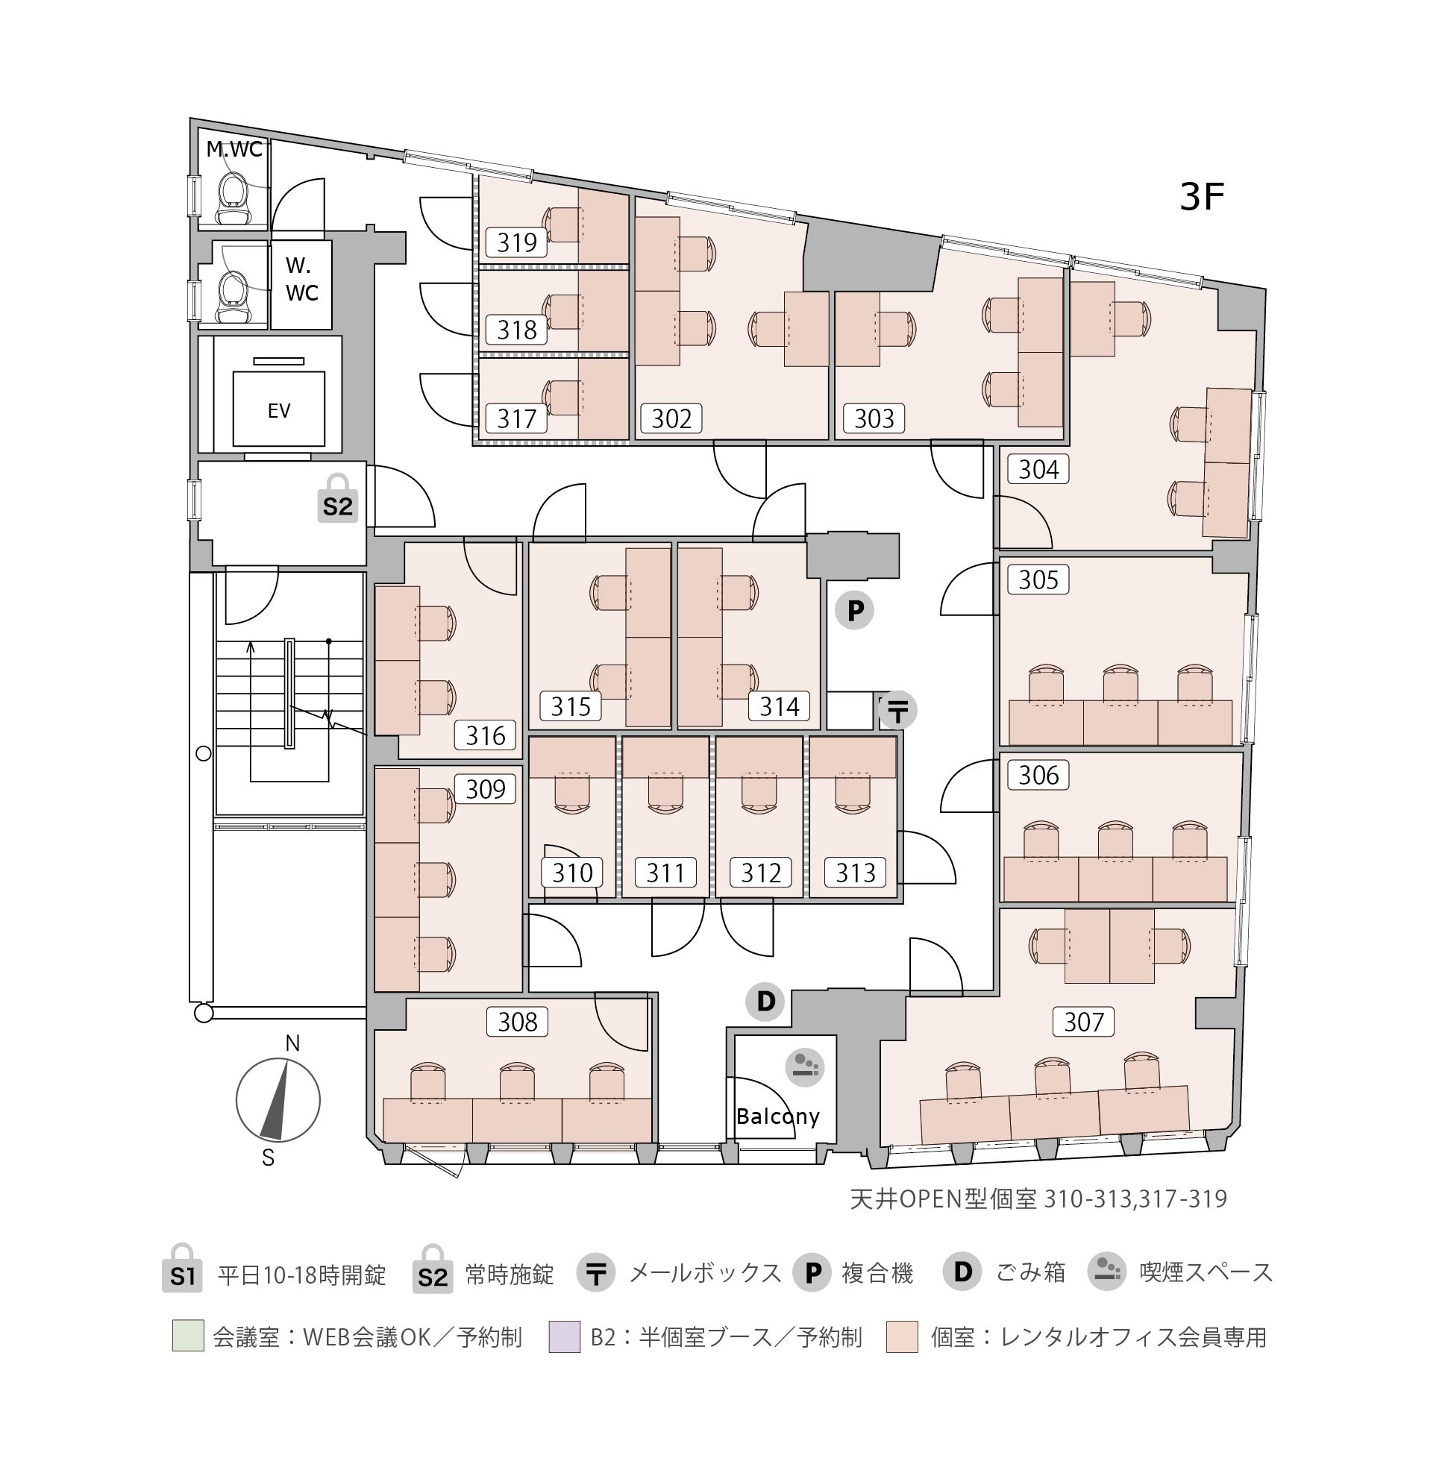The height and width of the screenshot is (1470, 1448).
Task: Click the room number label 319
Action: (x=517, y=242)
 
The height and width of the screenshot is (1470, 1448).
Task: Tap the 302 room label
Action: (x=671, y=418)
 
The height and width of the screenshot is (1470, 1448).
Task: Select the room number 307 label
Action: (x=1084, y=1021)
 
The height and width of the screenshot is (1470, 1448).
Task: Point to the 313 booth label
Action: (x=856, y=873)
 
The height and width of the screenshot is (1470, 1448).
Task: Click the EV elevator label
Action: (x=279, y=412)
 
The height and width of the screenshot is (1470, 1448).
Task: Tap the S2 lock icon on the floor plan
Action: (x=338, y=498)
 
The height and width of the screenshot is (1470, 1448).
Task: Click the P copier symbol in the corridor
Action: (x=855, y=610)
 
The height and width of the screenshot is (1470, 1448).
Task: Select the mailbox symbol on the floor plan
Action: (x=897, y=711)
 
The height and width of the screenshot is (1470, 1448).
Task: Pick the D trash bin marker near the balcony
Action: (x=765, y=1001)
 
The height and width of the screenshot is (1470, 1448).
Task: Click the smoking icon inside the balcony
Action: (x=805, y=1066)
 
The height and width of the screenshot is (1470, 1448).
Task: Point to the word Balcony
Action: (x=778, y=1117)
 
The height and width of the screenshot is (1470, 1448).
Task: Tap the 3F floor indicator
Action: (x=1202, y=198)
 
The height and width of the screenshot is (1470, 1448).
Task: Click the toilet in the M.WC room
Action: (x=231, y=199)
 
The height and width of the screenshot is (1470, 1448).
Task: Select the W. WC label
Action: (x=302, y=279)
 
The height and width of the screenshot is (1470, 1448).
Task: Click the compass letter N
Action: (x=292, y=1043)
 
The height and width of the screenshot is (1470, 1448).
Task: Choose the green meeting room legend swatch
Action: (x=188, y=1336)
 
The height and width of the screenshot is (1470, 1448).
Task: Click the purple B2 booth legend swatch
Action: (x=564, y=1336)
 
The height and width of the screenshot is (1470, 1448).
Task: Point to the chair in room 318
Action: (x=561, y=311)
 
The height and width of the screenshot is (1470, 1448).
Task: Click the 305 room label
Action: (x=1038, y=579)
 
